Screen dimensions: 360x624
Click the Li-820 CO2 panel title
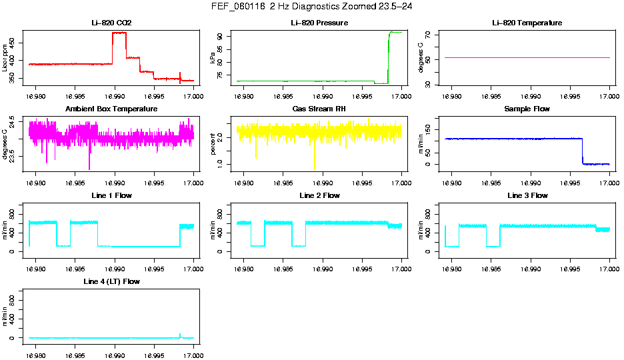click(111, 23)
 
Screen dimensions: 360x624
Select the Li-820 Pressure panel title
click(319, 23)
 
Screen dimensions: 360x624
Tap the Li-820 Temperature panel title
click(527, 23)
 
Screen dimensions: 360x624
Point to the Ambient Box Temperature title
click(111, 109)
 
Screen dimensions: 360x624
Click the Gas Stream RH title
click(319, 109)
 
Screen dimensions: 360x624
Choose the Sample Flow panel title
click(527, 109)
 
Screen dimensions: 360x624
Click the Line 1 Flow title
click(111, 196)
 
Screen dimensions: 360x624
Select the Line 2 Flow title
click(319, 196)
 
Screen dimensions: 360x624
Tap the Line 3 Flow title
click(527, 196)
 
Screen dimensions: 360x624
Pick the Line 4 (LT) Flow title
click(111, 282)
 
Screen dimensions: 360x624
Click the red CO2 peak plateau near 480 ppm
click(119, 33)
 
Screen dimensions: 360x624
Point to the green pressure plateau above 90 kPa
click(395, 32)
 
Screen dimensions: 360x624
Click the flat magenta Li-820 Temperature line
click(527, 58)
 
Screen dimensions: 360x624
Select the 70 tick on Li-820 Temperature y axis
click(430, 34)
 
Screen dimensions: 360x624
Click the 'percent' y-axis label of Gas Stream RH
click(213, 144)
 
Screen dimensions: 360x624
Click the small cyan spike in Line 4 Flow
click(180, 335)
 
